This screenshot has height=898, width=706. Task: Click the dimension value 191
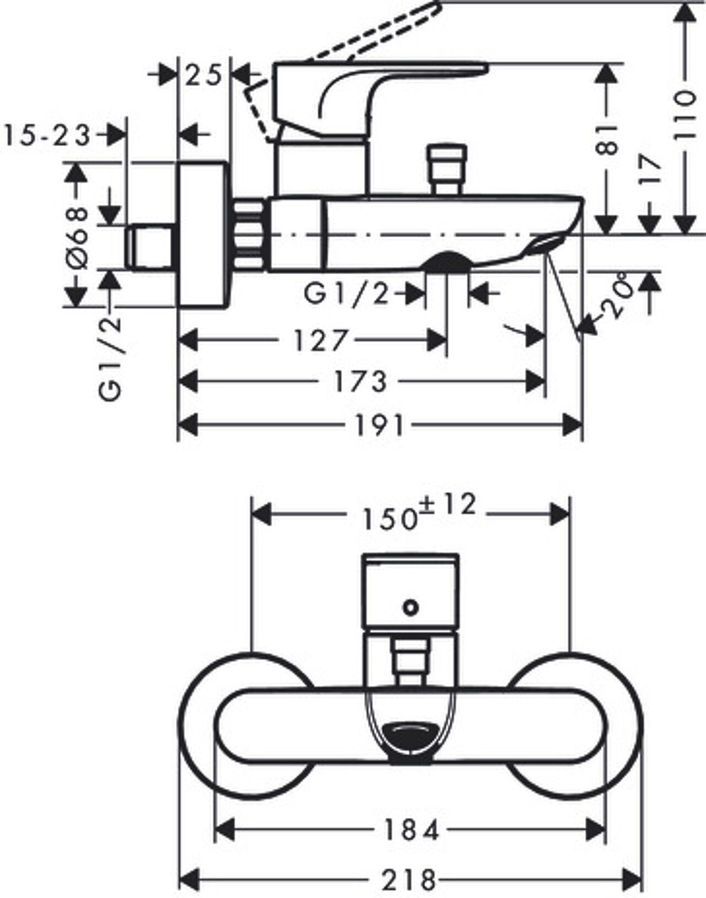(x=379, y=425)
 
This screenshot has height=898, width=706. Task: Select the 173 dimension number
(x=361, y=381)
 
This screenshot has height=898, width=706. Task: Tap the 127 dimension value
(x=320, y=340)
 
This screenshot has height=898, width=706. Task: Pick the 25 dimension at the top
(x=203, y=76)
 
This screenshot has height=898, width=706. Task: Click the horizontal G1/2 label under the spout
(x=346, y=294)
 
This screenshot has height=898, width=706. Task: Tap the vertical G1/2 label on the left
(x=110, y=358)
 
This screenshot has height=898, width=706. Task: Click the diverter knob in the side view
(x=446, y=169)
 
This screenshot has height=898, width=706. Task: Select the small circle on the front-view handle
(x=411, y=607)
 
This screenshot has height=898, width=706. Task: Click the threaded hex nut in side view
(x=249, y=236)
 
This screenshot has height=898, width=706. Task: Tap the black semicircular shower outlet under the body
(x=447, y=261)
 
